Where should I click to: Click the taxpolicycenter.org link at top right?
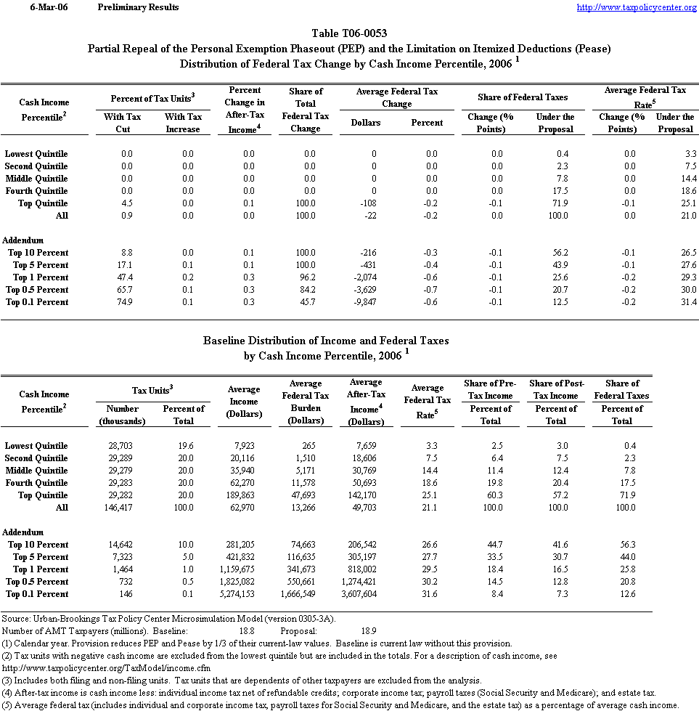point(637,7)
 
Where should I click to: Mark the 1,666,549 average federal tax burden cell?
point(306,594)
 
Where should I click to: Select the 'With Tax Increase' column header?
point(183,123)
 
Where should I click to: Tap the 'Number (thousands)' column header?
point(122,415)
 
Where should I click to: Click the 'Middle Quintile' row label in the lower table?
point(36,471)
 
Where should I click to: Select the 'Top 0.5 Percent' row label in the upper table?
point(37,290)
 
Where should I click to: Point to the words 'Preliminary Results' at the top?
point(138,7)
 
